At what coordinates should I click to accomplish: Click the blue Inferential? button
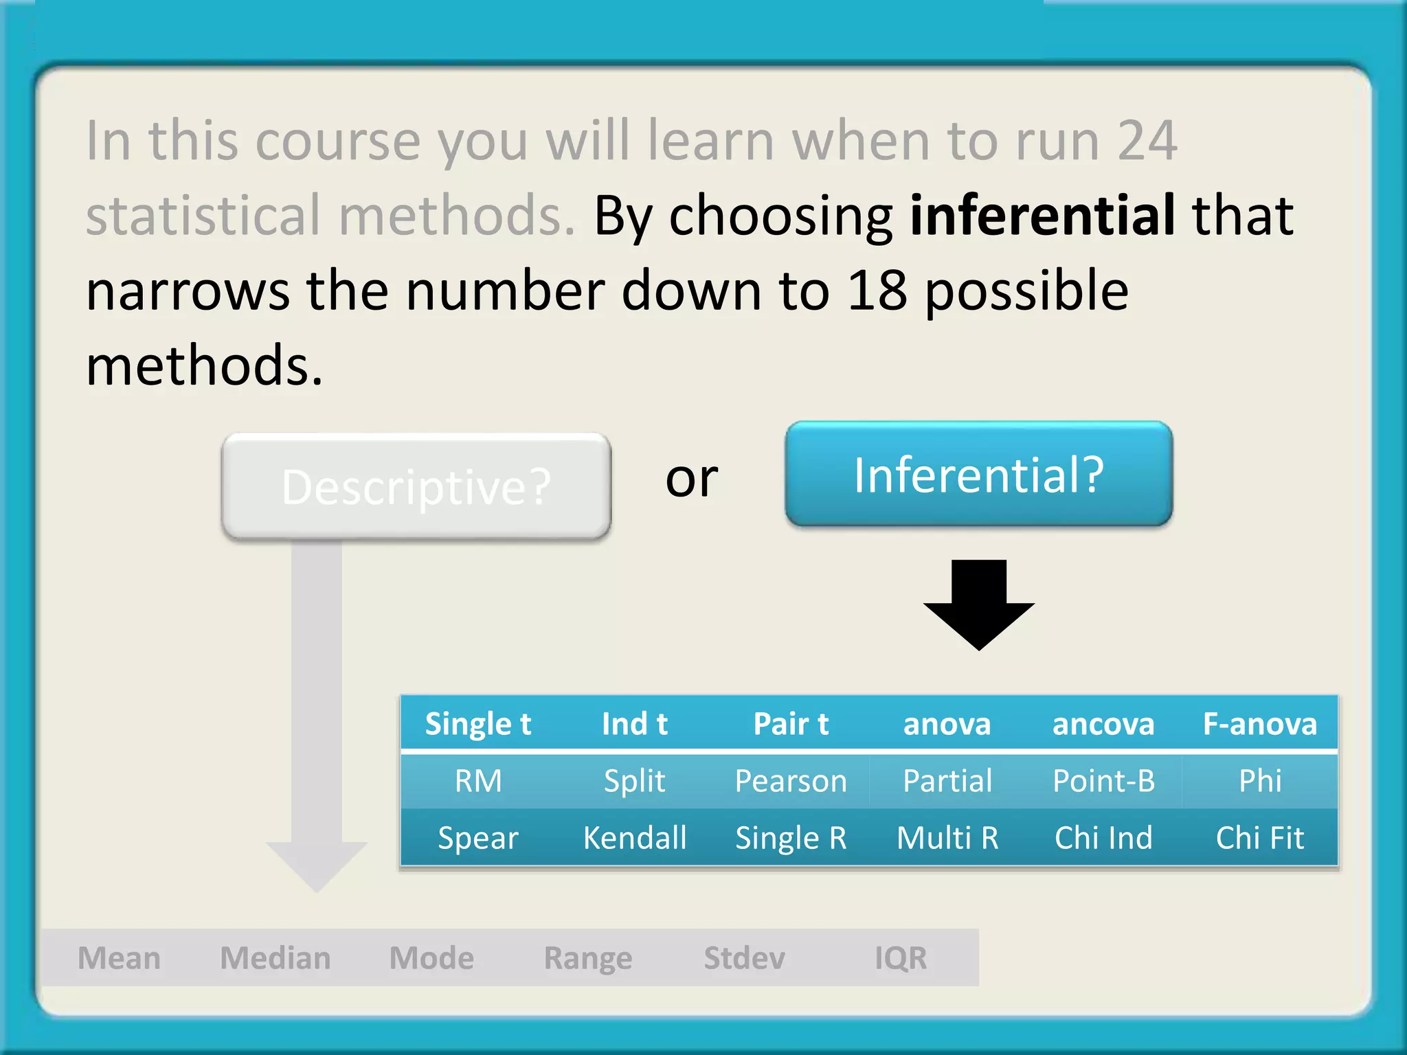click(x=978, y=475)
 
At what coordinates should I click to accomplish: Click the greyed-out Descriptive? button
click(x=416, y=486)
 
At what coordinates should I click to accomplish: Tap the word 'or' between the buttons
click(x=691, y=478)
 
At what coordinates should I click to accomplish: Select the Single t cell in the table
click(x=478, y=724)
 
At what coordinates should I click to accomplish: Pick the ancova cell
click(x=1103, y=724)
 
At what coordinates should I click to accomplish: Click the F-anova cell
click(x=1260, y=724)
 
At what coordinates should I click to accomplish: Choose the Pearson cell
click(x=791, y=781)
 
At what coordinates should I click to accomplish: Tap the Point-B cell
click(x=1103, y=781)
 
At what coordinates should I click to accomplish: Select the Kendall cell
click(x=635, y=838)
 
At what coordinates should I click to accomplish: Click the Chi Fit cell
click(x=1260, y=838)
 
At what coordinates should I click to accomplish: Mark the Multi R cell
click(x=947, y=838)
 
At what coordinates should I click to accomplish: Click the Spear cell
click(x=478, y=838)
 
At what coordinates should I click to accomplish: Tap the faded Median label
click(x=275, y=958)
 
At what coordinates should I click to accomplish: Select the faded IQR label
click(x=901, y=958)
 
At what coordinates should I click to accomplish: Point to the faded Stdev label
click(x=745, y=958)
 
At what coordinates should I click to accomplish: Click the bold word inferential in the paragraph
click(x=1042, y=216)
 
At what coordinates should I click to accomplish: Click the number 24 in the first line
click(x=1147, y=141)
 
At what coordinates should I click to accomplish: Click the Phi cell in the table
click(x=1260, y=781)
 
